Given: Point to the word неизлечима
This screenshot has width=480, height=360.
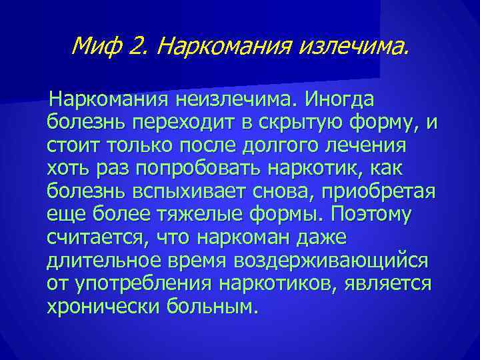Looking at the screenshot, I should pyautogui.click(x=236, y=100).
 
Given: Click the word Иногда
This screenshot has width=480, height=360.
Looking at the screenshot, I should pyautogui.click(x=339, y=100).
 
